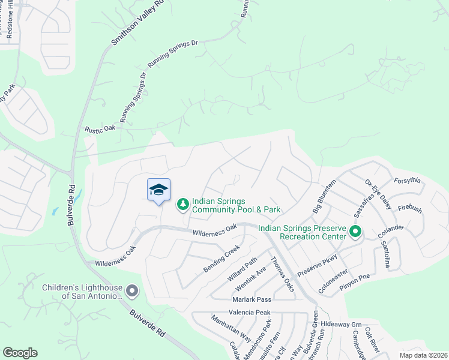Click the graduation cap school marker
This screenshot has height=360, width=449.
click(158, 190)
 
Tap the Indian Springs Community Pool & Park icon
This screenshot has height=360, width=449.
click(182, 205)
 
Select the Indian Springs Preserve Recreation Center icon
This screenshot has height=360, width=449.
click(355, 230)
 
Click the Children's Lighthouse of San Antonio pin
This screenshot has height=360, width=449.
click(133, 292)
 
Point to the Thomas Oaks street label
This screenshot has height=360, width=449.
click(282, 275)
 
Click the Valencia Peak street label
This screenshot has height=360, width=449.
click(249, 313)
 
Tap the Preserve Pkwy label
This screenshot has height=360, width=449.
click(318, 265)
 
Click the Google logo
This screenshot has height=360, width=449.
click(20, 353)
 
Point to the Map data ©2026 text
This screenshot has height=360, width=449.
click(423, 355)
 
